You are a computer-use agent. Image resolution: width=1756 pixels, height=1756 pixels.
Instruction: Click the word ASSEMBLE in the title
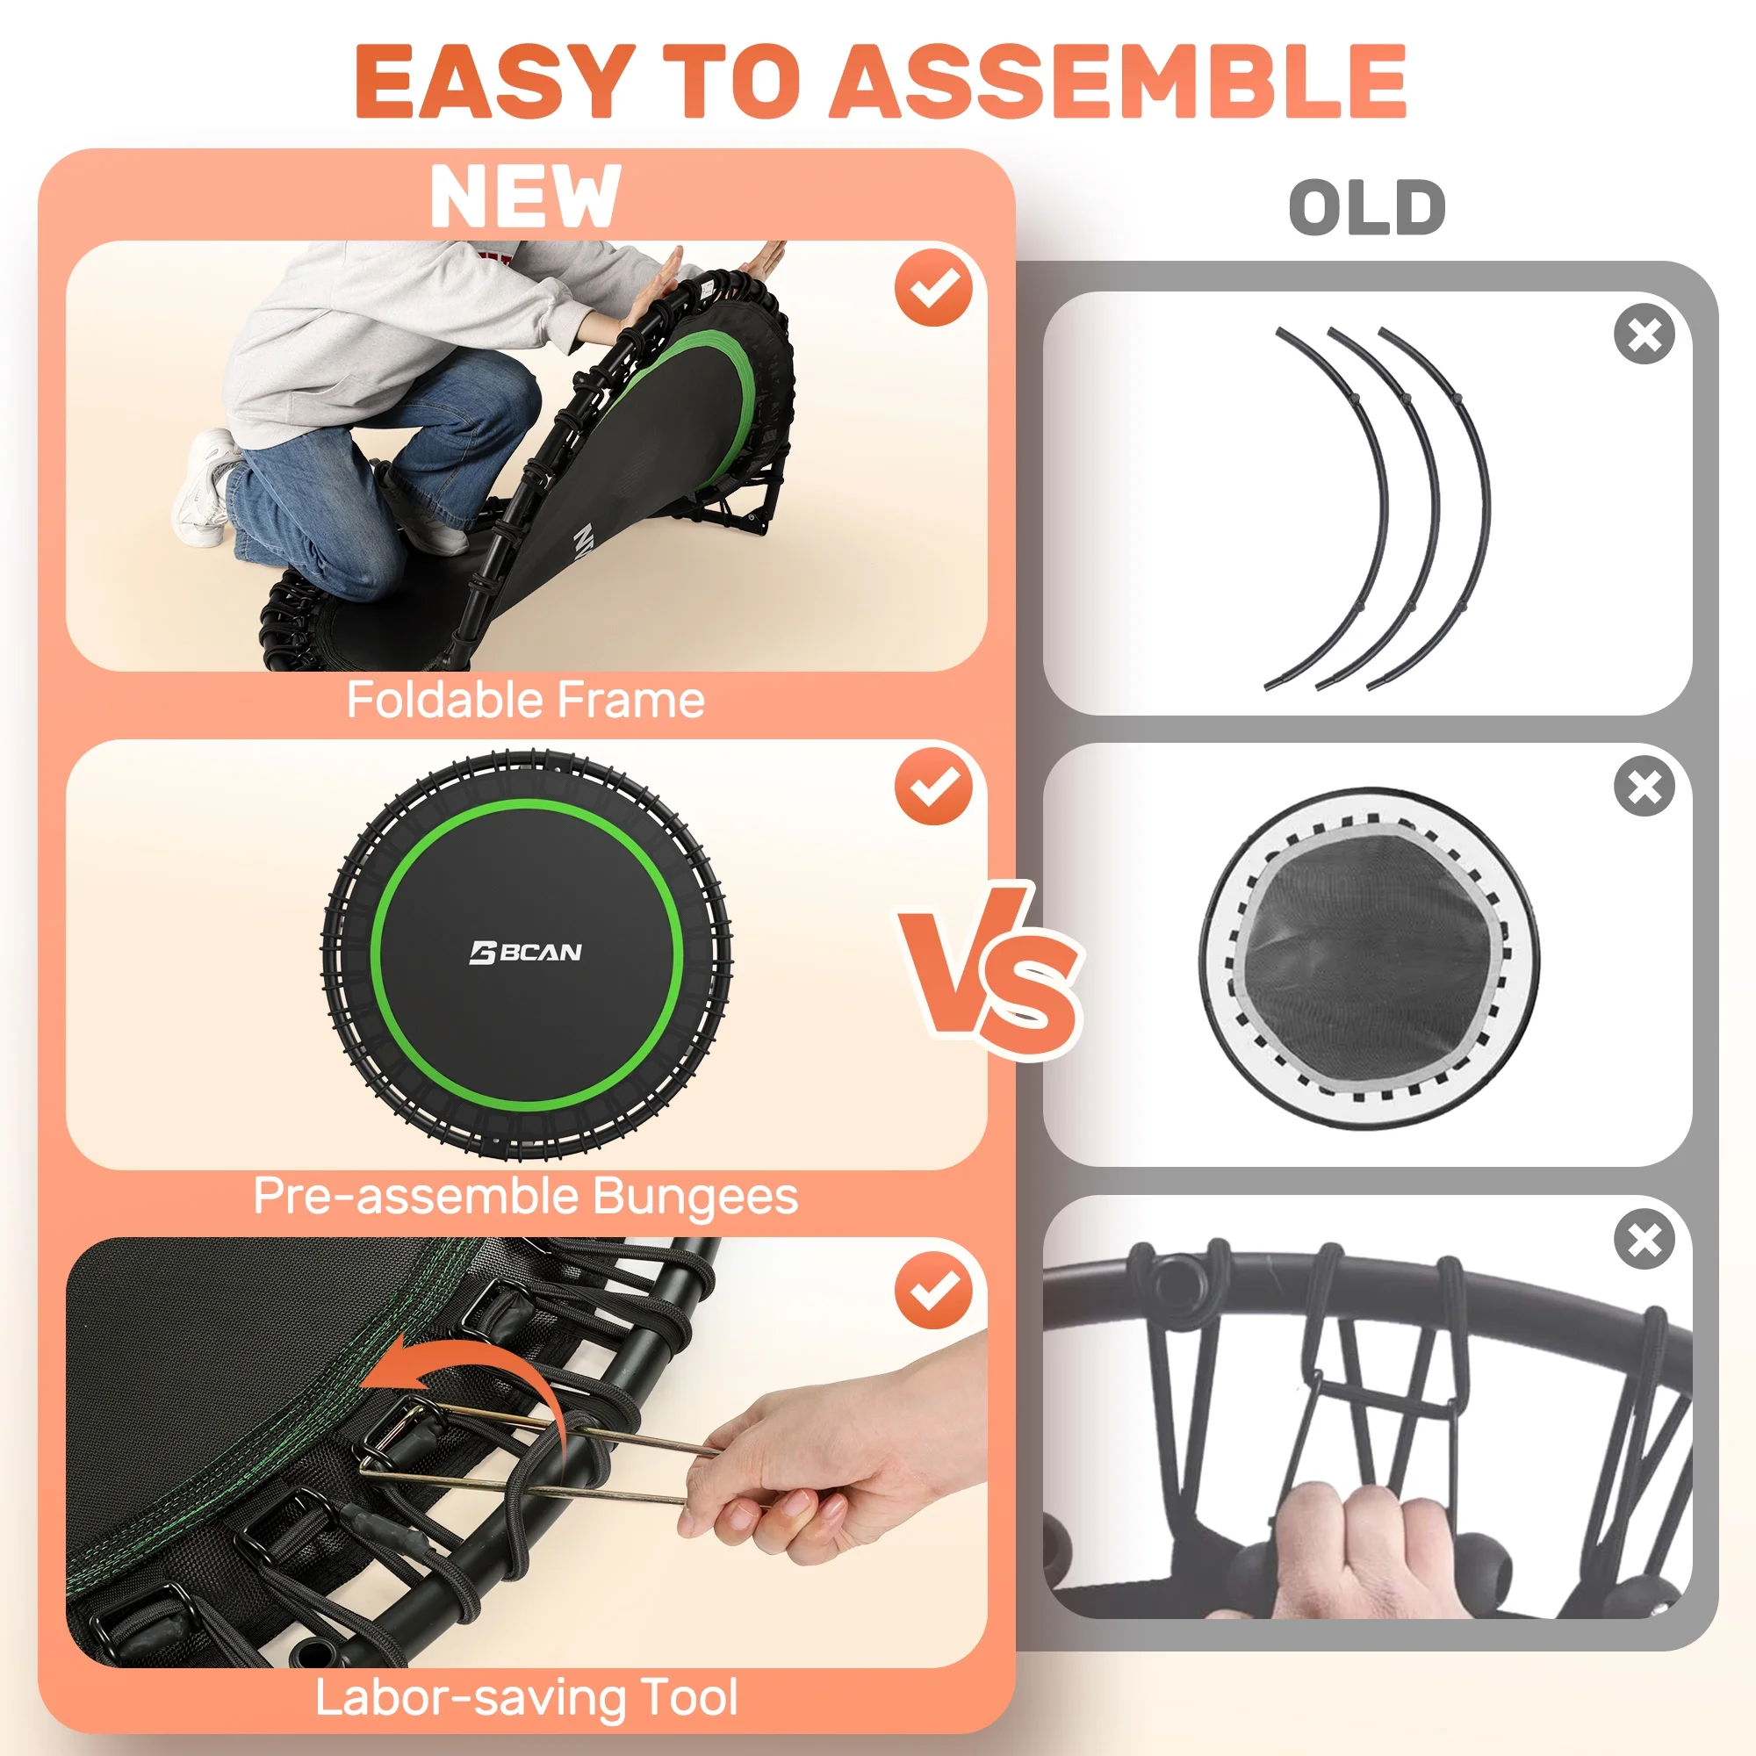pyautogui.click(x=1119, y=81)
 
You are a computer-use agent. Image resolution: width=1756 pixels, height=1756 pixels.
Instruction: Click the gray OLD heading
pyautogui.click(x=1367, y=207)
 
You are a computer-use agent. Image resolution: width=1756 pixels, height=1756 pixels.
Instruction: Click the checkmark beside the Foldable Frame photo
pyautogui.click(x=933, y=288)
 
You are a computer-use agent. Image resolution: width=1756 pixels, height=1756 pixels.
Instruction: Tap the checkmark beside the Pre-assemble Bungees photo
pyautogui.click(x=933, y=785)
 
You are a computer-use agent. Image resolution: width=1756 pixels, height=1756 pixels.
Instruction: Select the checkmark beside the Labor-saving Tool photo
pyautogui.click(x=933, y=1290)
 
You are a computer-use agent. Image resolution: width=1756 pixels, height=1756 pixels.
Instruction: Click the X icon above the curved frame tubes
pyautogui.click(x=1644, y=335)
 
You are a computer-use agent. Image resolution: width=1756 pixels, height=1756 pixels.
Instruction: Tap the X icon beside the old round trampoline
pyautogui.click(x=1644, y=786)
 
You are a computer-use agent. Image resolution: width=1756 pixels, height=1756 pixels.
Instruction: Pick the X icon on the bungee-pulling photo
pyautogui.click(x=1644, y=1239)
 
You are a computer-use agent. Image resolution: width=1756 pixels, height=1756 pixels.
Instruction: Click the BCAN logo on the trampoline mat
pyautogui.click(x=525, y=953)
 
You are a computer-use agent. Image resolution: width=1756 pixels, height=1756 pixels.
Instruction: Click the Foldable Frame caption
pyautogui.click(x=525, y=700)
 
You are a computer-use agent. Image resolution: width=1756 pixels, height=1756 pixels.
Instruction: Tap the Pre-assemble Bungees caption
pyautogui.click(x=525, y=1196)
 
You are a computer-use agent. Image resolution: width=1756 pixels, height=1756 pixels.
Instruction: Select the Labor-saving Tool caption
pyautogui.click(x=525, y=1697)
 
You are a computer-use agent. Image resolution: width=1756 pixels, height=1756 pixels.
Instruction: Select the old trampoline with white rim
pyautogui.click(x=1369, y=958)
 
